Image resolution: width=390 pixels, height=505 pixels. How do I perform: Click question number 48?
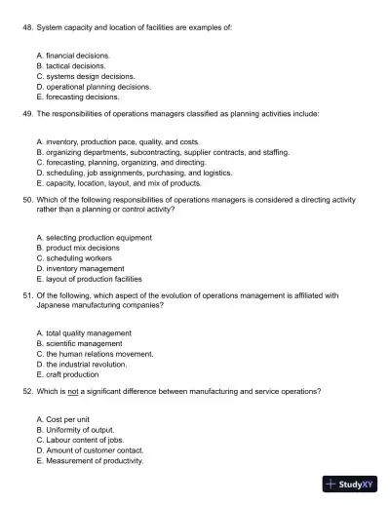(27, 29)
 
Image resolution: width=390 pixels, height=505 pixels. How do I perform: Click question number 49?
(27, 113)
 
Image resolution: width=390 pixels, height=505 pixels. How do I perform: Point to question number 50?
(27, 199)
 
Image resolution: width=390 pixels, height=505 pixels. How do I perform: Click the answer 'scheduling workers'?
(85, 257)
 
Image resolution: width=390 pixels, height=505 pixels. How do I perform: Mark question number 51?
(27, 294)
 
